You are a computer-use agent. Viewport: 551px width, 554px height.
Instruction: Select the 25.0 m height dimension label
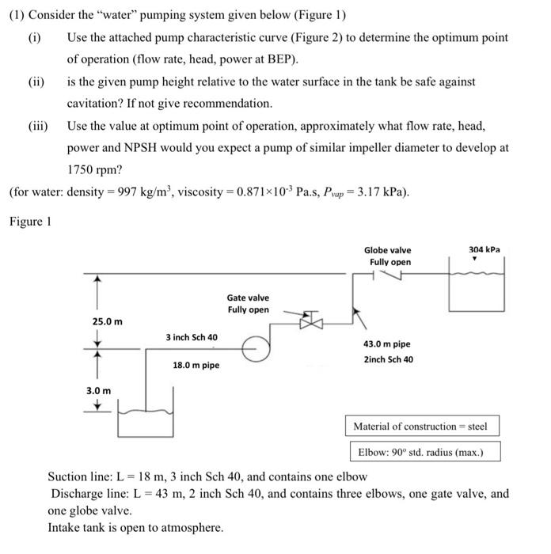[x=108, y=321]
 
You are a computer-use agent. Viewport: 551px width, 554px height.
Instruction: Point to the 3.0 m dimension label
[x=99, y=390]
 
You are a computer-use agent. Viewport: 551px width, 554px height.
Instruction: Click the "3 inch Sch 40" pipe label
[x=192, y=337]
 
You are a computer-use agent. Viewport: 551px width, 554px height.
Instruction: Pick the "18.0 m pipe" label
[x=196, y=365]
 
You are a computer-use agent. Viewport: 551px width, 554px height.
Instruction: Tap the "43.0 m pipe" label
[x=386, y=344]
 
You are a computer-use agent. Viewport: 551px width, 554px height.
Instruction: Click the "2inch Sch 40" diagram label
[x=388, y=359]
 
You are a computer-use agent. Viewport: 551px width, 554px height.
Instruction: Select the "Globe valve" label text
[x=388, y=250]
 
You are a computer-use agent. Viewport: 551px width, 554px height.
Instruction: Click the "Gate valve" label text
[x=248, y=298]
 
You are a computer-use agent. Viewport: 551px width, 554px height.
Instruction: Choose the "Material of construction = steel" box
[x=420, y=427]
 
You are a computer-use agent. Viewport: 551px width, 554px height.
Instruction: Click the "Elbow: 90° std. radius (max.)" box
[x=425, y=453]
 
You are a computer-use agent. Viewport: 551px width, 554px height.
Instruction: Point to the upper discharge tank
[x=476, y=289]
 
